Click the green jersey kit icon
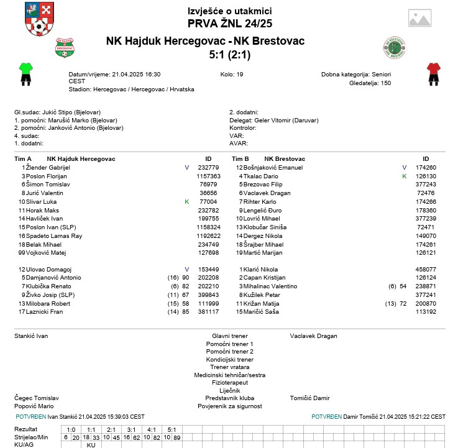pos(25,73)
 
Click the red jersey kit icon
pos(433,73)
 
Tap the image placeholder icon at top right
pos(423,19)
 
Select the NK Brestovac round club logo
pos(394,48)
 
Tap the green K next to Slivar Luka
pos(186,202)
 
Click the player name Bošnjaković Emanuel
pos(273,168)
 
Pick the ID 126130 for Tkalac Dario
pos(426,176)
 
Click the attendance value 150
pos(385,83)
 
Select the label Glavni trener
pos(229,336)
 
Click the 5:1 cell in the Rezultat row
pos(172,429)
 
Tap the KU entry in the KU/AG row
pos(91,445)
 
